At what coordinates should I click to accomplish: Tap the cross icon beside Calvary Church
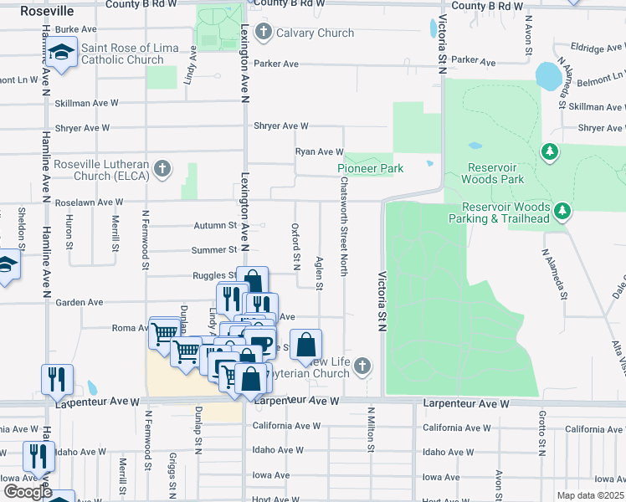tap(264, 33)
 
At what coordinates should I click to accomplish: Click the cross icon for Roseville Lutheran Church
tap(163, 170)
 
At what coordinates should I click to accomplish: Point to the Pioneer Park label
tap(370, 169)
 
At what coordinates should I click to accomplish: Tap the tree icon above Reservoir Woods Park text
tap(549, 151)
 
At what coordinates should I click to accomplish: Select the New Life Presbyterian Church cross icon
tap(362, 366)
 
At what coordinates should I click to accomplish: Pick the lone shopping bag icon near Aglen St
tap(308, 344)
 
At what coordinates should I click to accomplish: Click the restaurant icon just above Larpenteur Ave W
tap(57, 378)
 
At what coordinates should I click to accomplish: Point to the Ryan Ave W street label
tap(319, 152)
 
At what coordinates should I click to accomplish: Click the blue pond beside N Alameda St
tap(547, 77)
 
